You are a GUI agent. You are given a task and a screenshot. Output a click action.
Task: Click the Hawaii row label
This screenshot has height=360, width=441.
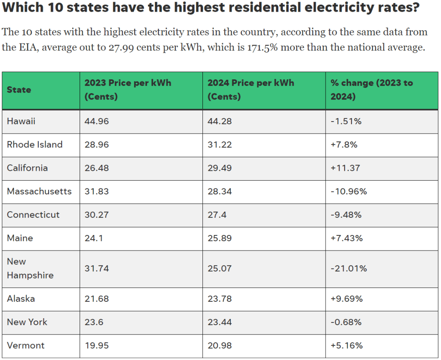pyautogui.click(x=21, y=122)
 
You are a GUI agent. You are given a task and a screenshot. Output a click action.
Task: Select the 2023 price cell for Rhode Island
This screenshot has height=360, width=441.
pyautogui.click(x=96, y=145)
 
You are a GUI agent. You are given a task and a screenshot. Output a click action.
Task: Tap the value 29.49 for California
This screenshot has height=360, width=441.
pyautogui.click(x=220, y=168)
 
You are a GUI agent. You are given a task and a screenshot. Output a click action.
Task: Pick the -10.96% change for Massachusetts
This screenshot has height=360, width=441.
pyautogui.click(x=348, y=191)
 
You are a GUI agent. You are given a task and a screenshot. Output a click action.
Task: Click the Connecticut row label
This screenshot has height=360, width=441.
pyautogui.click(x=33, y=215)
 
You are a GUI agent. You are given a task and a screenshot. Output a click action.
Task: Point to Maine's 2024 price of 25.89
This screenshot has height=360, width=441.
pyautogui.click(x=220, y=238)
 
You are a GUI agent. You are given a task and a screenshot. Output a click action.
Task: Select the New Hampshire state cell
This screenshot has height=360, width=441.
pyautogui.click(x=30, y=269)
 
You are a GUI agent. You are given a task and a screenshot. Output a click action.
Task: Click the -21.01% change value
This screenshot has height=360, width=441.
pyautogui.click(x=348, y=269)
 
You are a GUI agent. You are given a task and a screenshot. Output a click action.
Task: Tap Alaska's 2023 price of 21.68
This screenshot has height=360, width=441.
pyautogui.click(x=96, y=299)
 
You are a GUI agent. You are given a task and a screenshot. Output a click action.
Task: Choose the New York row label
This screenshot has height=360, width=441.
pyautogui.click(x=27, y=322)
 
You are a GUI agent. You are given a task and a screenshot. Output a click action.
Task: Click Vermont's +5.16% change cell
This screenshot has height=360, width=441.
pyautogui.click(x=347, y=345)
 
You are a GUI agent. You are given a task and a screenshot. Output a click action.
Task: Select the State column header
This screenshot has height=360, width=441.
pyautogui.click(x=19, y=90)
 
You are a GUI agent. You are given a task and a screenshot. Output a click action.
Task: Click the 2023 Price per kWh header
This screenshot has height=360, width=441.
pyautogui.click(x=127, y=90)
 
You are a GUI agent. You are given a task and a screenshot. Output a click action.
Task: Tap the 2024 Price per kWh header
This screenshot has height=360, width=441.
pyautogui.click(x=251, y=90)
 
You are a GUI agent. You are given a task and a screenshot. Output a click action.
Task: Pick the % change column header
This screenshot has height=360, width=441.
pyautogui.click(x=371, y=90)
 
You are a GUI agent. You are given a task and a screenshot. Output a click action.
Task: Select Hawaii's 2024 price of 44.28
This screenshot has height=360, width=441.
pyautogui.click(x=220, y=122)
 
